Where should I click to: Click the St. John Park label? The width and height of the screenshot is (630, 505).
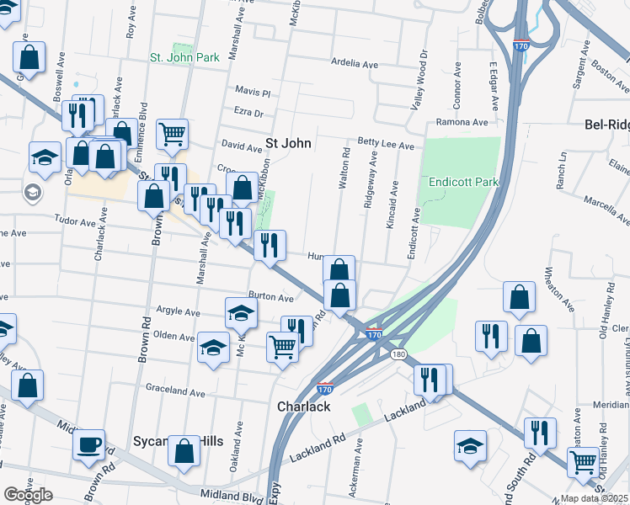(184, 57)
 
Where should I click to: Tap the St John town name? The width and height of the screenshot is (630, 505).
(289, 143)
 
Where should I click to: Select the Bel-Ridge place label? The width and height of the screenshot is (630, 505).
(606, 125)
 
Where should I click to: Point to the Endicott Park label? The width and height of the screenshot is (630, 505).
(463, 181)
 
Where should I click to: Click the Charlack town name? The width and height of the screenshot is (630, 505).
(302, 406)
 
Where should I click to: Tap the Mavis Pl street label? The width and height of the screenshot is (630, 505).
(253, 91)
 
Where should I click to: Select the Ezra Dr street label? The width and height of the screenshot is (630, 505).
(248, 113)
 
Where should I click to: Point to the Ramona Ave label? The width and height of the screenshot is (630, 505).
(462, 122)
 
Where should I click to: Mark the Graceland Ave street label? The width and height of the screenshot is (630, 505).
(175, 392)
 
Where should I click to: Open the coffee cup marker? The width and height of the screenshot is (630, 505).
(88, 445)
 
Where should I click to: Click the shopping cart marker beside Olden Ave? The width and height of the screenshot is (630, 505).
(282, 346)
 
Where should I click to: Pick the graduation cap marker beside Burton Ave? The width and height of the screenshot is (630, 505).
(241, 313)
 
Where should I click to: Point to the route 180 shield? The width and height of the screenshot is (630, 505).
(398, 354)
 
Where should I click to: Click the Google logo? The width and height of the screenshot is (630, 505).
(28, 495)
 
